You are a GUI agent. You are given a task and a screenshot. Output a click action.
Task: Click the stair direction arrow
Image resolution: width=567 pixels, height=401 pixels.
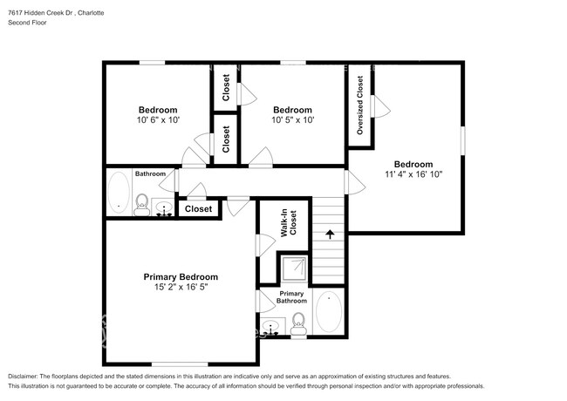tap(330, 234)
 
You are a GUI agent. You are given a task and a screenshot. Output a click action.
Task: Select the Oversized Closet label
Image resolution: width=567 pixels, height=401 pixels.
tap(359, 105)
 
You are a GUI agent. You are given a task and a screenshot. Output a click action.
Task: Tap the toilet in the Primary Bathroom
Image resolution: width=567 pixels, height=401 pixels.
tap(298, 323)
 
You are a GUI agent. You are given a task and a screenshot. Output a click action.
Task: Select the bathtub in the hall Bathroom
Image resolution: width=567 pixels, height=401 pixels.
tap(118, 193)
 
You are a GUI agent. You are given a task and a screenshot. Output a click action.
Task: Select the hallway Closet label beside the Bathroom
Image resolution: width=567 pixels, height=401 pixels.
tap(198, 209)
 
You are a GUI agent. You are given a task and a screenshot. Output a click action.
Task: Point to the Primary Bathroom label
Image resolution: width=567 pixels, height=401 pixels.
tap(291, 297)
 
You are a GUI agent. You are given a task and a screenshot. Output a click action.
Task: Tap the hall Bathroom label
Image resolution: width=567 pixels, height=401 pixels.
tap(149, 173)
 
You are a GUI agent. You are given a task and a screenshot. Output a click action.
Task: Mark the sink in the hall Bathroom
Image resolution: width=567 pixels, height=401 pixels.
tap(163, 208)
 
